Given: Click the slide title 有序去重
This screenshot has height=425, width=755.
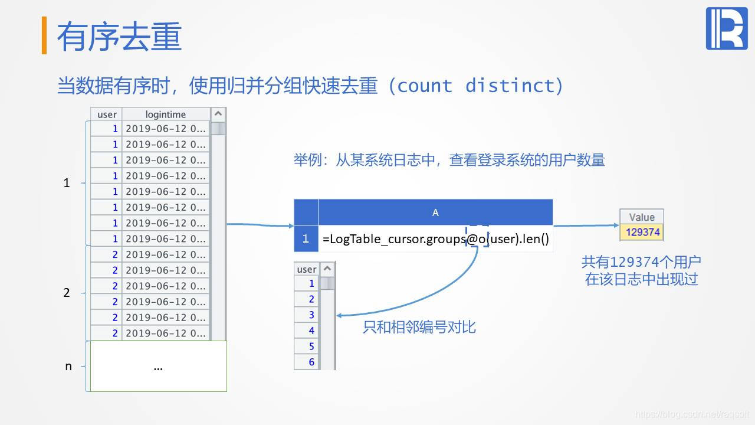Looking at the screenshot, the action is [119, 36].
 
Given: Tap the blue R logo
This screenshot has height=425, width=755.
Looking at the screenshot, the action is [726, 28].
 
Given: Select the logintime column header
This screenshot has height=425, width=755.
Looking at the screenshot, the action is [165, 115].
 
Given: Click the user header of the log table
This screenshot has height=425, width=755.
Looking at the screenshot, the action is [107, 115].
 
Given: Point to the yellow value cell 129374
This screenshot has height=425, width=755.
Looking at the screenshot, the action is [642, 232].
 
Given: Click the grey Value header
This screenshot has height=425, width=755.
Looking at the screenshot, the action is [642, 217].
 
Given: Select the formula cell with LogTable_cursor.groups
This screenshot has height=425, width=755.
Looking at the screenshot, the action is [435, 239].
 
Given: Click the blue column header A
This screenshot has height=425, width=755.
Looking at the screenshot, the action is [435, 212].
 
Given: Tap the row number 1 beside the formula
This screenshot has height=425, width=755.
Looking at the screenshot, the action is [306, 239].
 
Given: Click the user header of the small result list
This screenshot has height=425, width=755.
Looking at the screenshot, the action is [307, 269].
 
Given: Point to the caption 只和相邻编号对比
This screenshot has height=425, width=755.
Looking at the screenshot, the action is [419, 327].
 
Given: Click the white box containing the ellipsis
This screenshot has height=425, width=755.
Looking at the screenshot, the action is [158, 367].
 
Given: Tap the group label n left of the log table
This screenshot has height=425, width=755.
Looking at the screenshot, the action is [68, 367].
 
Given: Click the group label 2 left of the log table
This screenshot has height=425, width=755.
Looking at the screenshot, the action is [67, 293].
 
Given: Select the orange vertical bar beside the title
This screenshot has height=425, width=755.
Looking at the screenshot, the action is [44, 35].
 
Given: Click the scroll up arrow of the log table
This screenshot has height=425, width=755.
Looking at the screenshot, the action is [218, 114].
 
